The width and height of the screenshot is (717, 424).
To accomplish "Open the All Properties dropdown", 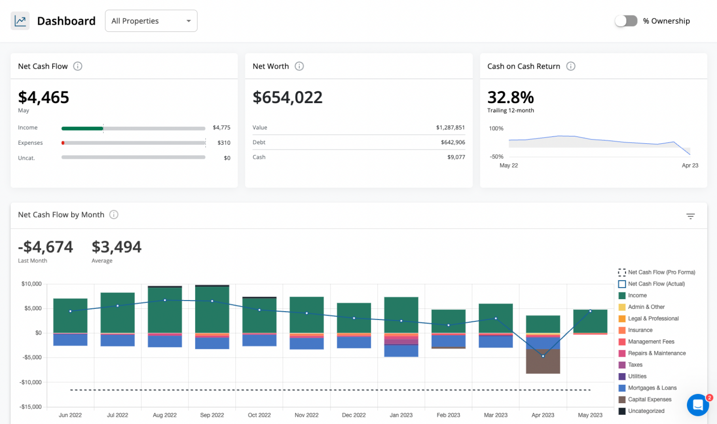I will point(151,21).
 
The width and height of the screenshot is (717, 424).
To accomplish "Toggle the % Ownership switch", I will point(626,21).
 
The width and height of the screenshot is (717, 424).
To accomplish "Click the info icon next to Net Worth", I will point(299,66).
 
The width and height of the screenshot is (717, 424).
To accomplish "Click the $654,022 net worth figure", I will point(287,97).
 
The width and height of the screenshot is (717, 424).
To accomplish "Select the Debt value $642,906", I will point(452,142).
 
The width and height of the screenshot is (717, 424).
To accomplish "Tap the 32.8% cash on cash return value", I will point(510,97).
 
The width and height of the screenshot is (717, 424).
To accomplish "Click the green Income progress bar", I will point(82,128).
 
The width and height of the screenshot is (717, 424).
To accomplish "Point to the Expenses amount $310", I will point(224,143).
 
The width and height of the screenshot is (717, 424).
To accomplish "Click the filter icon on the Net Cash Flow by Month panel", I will point(690,216).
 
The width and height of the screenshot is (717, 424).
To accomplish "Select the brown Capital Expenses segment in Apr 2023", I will point(543,362).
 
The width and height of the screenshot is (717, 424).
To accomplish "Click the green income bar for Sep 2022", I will point(212,310).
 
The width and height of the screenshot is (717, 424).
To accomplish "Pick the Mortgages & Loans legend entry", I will point(652,388).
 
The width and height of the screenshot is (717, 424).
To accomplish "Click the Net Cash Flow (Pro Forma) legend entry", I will point(661,273).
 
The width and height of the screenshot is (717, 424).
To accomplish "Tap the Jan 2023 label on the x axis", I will point(401,415).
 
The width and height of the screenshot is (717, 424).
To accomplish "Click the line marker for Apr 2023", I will point(543,356).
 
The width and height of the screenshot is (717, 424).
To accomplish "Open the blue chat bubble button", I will point(698,405).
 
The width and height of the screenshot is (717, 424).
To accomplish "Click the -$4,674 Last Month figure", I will point(46,247).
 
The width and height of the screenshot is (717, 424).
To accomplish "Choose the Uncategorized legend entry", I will point(646,411).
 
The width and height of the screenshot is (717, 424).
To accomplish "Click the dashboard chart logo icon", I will point(20,21).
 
